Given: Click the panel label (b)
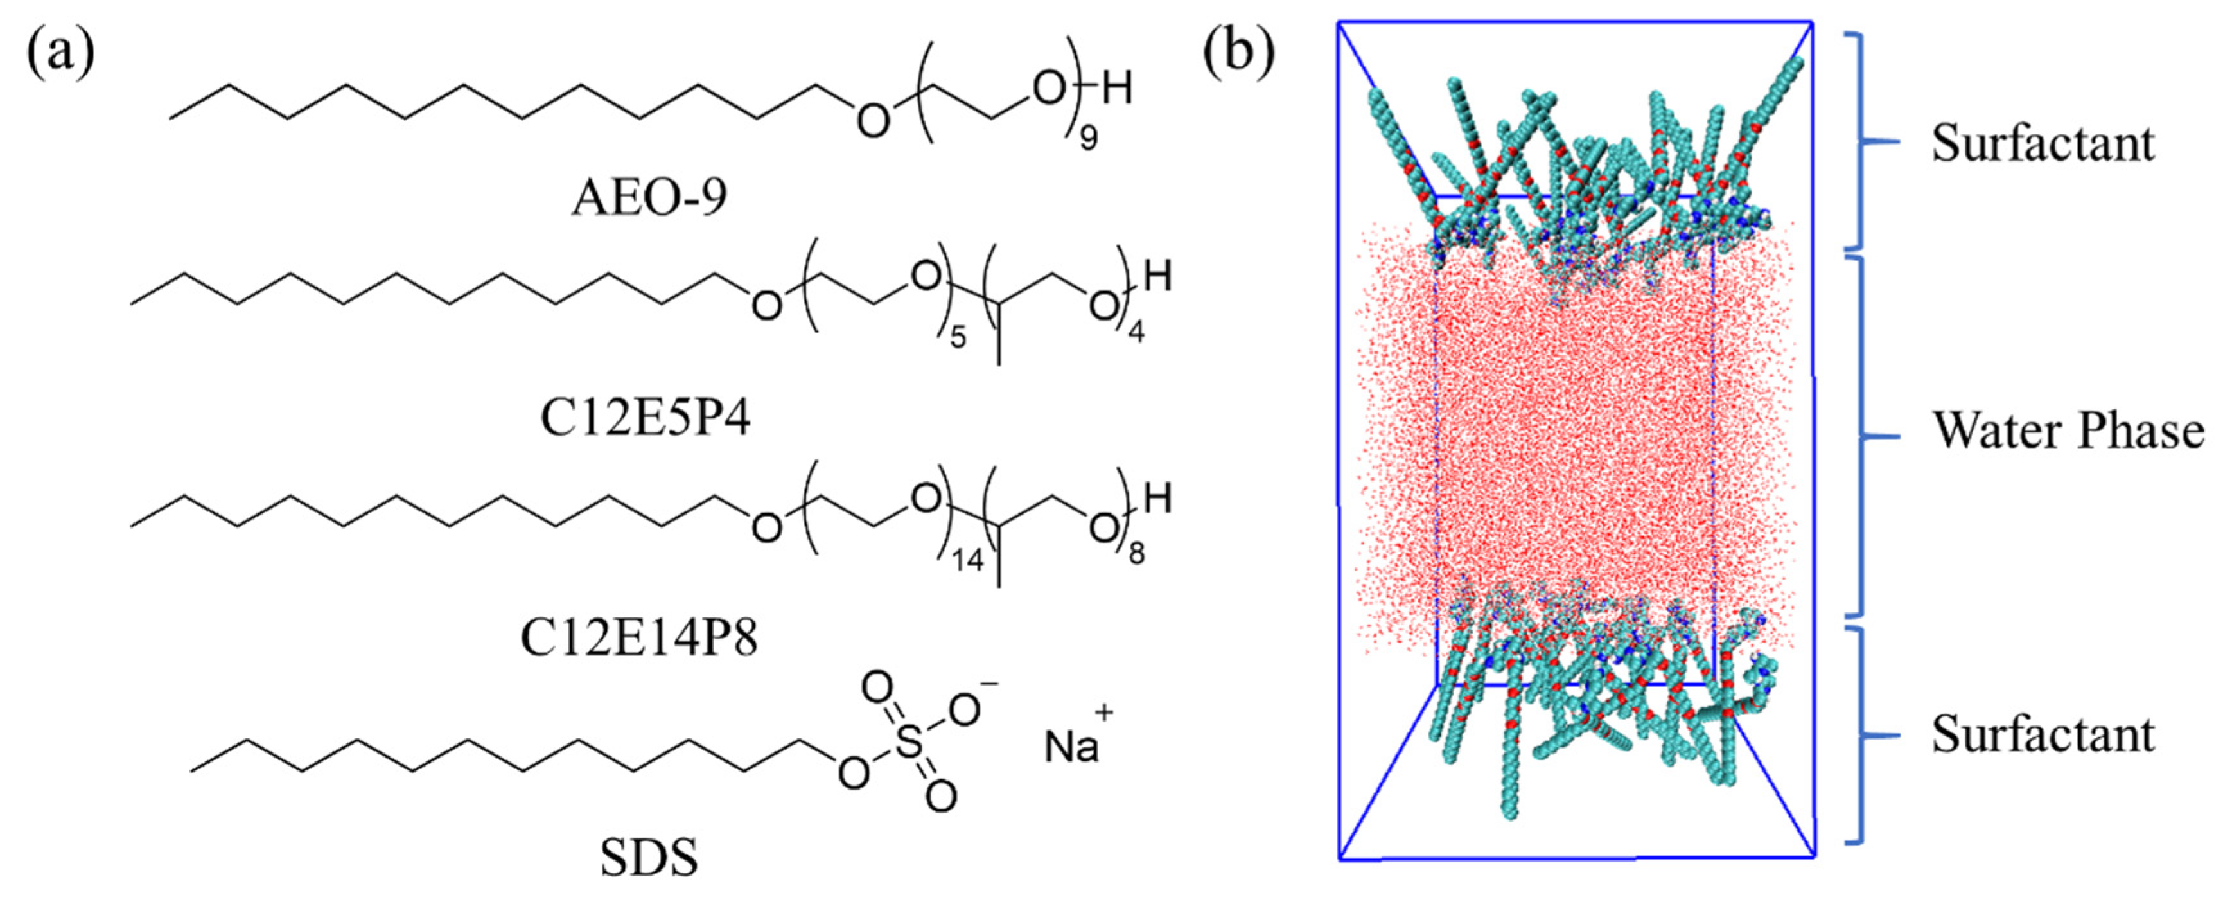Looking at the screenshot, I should (x=1239, y=53).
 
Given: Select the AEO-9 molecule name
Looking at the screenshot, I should (x=649, y=197).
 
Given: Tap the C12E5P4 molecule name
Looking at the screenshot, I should (x=646, y=419).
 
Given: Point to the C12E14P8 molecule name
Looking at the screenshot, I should (x=638, y=639).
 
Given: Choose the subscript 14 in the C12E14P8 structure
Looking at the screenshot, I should (x=967, y=561).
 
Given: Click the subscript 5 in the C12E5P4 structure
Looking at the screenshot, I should (x=958, y=337).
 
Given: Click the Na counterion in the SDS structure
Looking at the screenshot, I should (x=1071, y=747).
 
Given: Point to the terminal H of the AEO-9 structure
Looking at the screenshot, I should (x=1117, y=88).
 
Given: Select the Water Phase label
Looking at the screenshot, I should (x=2068, y=431).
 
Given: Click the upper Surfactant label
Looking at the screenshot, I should (x=2042, y=143).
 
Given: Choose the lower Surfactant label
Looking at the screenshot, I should (x=2042, y=735).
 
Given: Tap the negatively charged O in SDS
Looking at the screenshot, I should (x=965, y=710).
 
